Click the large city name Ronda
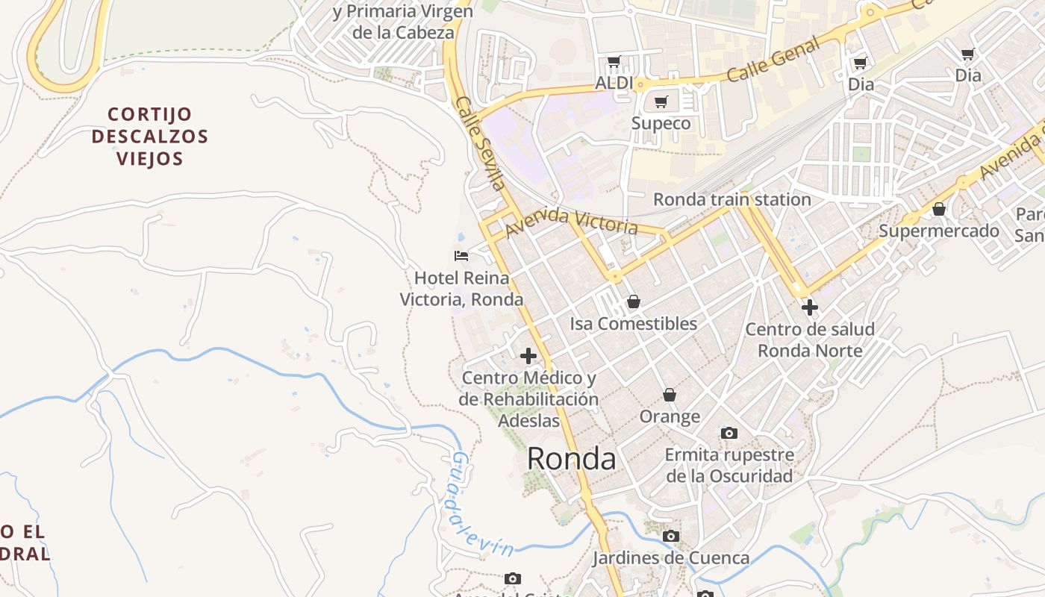[572, 458]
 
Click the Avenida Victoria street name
[572, 222]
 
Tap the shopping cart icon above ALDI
[614, 61]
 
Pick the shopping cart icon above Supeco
[661, 101]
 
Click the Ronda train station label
[731, 199]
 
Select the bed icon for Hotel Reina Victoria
[461, 256]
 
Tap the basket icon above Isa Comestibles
[634, 301]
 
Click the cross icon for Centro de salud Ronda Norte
[810, 307]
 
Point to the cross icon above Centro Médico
[528, 356]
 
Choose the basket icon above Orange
[670, 394]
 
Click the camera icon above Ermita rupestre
[729, 433]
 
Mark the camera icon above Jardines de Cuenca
[671, 536]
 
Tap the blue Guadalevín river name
[481, 506]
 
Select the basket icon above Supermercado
[939, 209]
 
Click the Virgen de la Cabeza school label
[403, 22]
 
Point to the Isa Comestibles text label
[634, 323]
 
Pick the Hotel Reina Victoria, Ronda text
[461, 289]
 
